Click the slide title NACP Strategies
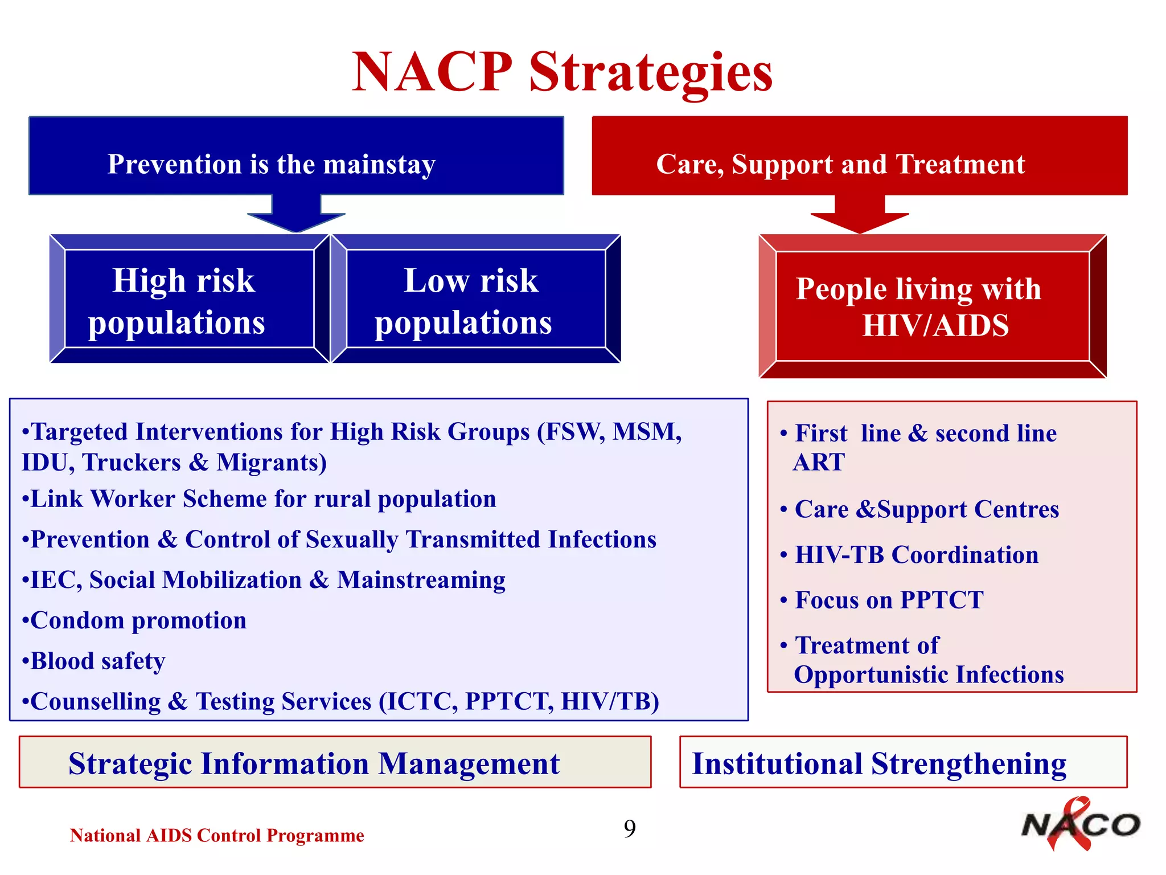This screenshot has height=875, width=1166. [x=562, y=72]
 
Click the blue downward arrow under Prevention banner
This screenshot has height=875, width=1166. [x=296, y=215]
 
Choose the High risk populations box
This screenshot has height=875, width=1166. [x=189, y=299]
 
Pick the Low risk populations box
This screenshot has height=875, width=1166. [x=475, y=299]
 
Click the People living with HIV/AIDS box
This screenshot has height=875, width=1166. [x=933, y=306]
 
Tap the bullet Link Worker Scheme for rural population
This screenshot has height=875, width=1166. [x=259, y=499]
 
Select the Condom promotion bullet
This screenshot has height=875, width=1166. [x=134, y=620]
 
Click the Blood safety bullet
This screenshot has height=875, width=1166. [x=94, y=661]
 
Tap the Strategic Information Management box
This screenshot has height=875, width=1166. [x=335, y=763]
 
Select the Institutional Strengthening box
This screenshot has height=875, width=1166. [x=903, y=763]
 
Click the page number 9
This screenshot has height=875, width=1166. [x=630, y=828]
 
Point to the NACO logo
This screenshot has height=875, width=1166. [x=1079, y=825]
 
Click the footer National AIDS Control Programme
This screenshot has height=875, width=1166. [x=217, y=836]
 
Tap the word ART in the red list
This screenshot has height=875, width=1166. [x=819, y=462]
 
